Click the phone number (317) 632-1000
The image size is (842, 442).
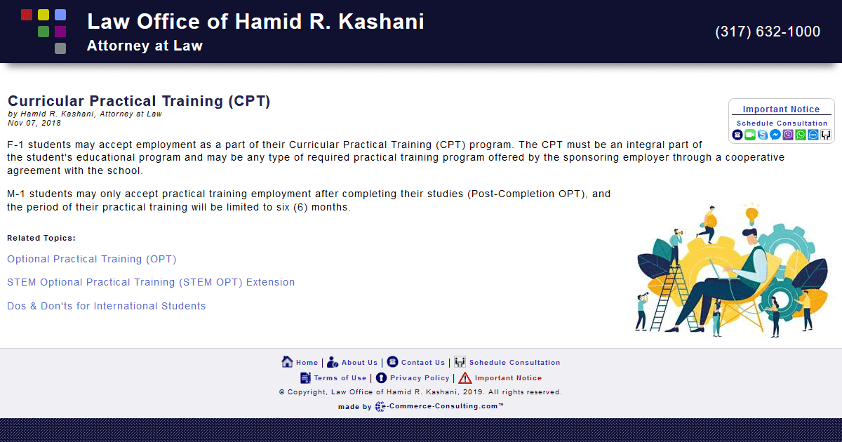click(x=768, y=32)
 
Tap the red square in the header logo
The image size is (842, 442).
click(x=27, y=14)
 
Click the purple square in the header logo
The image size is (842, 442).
click(x=60, y=32)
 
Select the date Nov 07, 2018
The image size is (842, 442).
click(x=34, y=123)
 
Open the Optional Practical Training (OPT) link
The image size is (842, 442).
click(x=92, y=259)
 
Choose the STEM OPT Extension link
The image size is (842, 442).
click(x=151, y=282)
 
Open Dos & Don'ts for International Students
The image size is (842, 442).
click(x=107, y=306)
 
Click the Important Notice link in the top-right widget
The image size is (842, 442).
click(x=781, y=109)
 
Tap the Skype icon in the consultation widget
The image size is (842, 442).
click(x=763, y=135)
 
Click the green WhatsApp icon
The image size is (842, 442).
click(x=801, y=135)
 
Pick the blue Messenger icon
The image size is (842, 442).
click(x=775, y=135)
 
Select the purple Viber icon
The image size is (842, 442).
click(x=788, y=135)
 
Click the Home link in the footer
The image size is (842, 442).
click(x=307, y=363)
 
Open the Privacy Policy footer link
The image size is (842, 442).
click(x=420, y=378)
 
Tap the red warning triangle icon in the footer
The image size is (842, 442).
click(x=465, y=378)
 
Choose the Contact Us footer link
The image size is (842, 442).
click(x=423, y=363)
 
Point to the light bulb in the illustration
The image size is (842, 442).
click(x=751, y=213)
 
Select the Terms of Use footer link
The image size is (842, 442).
click(x=340, y=378)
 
